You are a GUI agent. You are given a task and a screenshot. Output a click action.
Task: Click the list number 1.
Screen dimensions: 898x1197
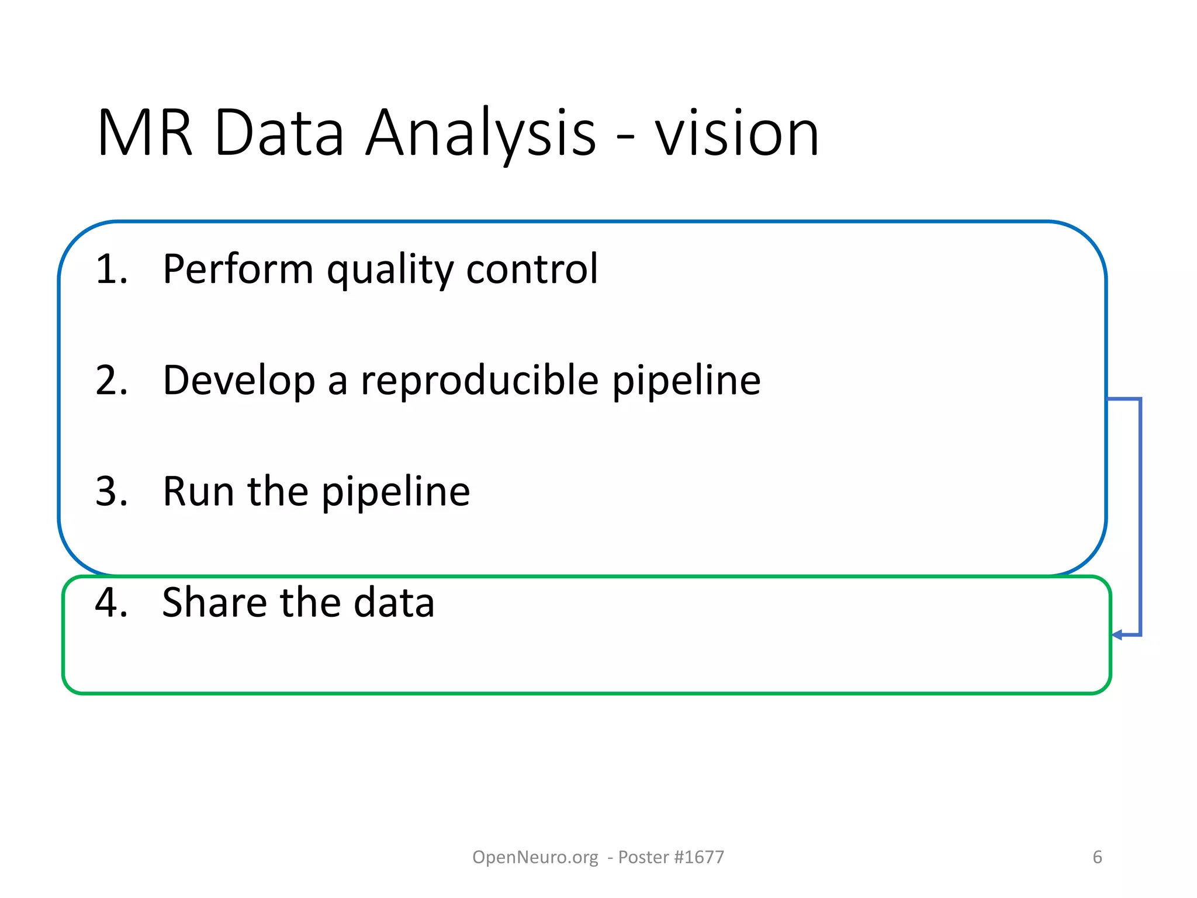pyautogui.click(x=111, y=269)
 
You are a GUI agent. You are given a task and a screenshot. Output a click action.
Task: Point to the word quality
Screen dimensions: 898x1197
pyautogui.click(x=390, y=270)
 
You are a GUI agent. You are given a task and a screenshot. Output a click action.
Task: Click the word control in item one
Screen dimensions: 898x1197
pyautogui.click(x=532, y=269)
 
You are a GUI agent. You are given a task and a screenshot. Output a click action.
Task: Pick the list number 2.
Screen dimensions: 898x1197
pyautogui.click(x=111, y=380)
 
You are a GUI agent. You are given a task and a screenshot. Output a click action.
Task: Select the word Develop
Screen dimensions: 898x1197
pyautogui.click(x=238, y=381)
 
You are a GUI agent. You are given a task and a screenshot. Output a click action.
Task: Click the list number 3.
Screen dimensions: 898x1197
pyautogui.click(x=111, y=491)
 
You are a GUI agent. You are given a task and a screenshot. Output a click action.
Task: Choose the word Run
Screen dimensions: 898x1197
pyautogui.click(x=199, y=491)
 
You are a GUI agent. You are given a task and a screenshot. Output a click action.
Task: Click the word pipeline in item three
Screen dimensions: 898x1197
pyautogui.click(x=396, y=492)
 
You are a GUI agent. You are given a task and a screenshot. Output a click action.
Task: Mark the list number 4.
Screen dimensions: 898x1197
pyautogui.click(x=111, y=602)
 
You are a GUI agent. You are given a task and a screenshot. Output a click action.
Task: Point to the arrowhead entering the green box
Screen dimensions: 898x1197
pyautogui.click(x=1117, y=635)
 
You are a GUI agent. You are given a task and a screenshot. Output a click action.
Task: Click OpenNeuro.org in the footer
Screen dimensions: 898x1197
pyautogui.click(x=535, y=857)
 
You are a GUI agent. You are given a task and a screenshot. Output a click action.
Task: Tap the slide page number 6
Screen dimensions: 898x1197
pyautogui.click(x=1097, y=857)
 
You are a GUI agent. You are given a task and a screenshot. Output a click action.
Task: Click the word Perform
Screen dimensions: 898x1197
pyautogui.click(x=238, y=269)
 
